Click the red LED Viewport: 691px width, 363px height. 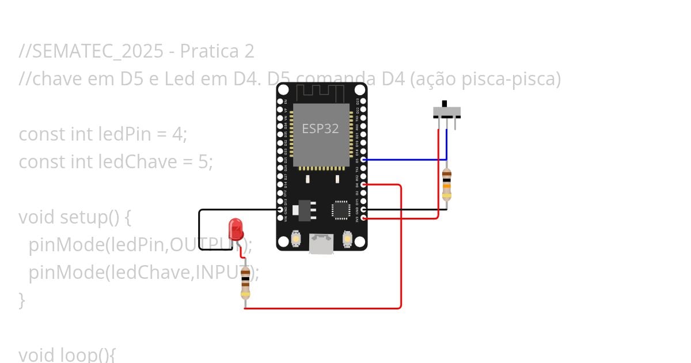pyautogui.click(x=236, y=229)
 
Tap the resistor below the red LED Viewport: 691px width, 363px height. pyautogui.click(x=246, y=282)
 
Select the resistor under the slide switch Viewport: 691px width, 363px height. pyautogui.click(x=446, y=183)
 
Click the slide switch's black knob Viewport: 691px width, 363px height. pyautogui.click(x=444, y=104)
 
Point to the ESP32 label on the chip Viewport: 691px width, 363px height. pyautogui.click(x=320, y=128)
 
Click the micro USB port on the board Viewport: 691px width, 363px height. pyautogui.click(x=321, y=243)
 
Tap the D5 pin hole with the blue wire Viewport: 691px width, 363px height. pyautogui.click(x=363, y=160)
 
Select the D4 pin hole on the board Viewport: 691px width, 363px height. pyautogui.click(x=363, y=185)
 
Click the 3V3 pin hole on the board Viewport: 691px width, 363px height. pyautogui.click(x=363, y=218)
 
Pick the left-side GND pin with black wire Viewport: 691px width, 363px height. pyautogui.click(x=280, y=210)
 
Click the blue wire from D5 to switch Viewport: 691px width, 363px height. pyautogui.click(x=403, y=160)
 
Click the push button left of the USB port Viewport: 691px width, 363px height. pyautogui.click(x=297, y=238)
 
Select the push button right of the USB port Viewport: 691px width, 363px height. pyautogui.click(x=347, y=238)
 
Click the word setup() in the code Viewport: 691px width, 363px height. pyautogui.click(x=84, y=217)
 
